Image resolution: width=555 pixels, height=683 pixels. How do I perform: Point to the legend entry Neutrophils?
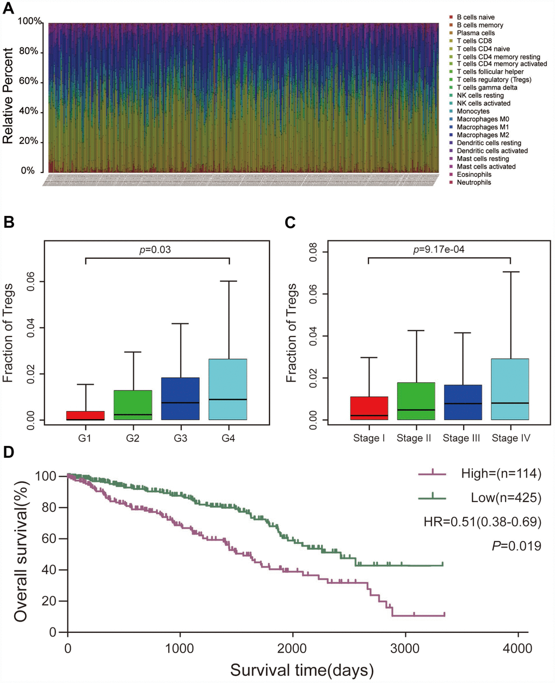coord(473,183)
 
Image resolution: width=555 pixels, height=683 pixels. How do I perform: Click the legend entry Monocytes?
coord(473,111)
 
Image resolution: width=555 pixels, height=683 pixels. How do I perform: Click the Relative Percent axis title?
coord(8,96)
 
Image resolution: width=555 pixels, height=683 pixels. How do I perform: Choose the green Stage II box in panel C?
coord(416,401)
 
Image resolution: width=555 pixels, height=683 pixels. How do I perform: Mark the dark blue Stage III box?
coord(463,402)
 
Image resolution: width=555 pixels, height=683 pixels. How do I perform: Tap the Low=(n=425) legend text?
coord(506,498)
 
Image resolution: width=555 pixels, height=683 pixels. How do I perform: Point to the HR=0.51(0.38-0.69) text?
coord(483,522)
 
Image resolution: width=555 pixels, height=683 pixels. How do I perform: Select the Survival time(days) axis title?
coord(301,670)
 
